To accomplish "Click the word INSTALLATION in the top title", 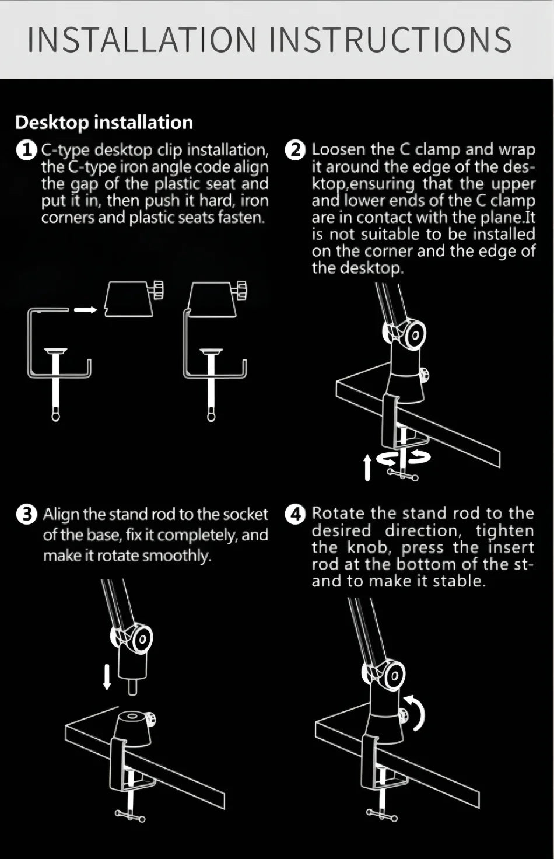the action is coord(142,40).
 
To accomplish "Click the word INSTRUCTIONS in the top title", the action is coord(391,40).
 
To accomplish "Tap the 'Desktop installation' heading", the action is coord(104,123).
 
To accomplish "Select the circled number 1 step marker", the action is coord(26,150).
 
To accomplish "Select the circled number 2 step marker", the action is coord(296,150).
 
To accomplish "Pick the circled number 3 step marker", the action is coord(26,514).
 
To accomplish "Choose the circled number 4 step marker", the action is coord(296,514).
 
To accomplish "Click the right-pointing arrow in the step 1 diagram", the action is coord(86,309).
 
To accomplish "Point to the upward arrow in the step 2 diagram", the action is coord(367,467).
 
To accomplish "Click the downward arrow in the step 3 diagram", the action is coord(107,677).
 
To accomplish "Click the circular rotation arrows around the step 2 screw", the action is coord(403,458).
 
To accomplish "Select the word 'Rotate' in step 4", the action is coord(338,513).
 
